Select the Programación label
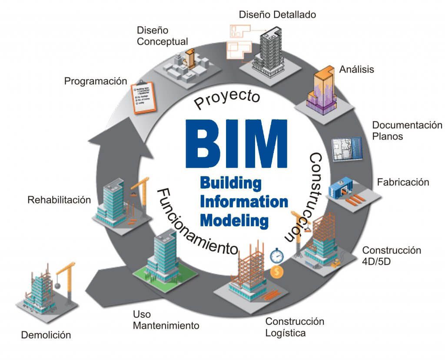[x=96, y=81]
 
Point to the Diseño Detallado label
[x=277, y=15]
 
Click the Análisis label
[x=356, y=69]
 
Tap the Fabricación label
[x=403, y=182]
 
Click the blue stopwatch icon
[x=277, y=255]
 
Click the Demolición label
[x=46, y=335]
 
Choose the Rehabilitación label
[x=59, y=200]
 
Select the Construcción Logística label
[x=295, y=327]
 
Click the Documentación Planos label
[x=407, y=130]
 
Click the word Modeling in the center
[x=234, y=220]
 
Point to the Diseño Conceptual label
[x=162, y=36]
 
